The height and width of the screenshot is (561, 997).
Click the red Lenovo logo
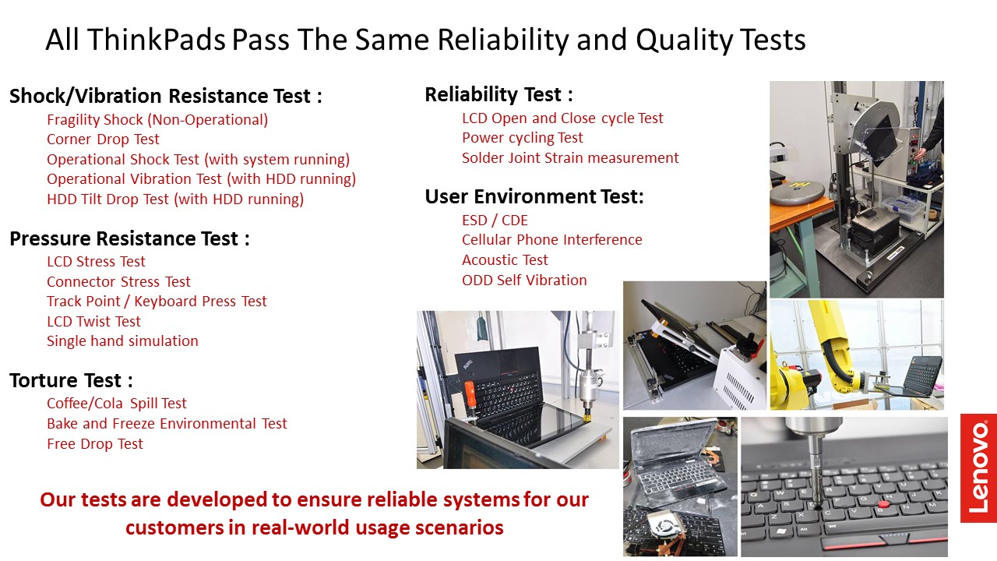coord(978,468)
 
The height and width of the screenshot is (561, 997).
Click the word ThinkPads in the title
coord(157,39)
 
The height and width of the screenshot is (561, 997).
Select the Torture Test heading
coord(71,380)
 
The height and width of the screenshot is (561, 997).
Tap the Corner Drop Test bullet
coord(103,139)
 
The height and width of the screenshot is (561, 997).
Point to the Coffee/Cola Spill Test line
coord(117,404)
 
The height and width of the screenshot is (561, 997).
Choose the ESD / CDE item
coord(495,220)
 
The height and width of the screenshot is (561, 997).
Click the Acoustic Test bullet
coord(505,259)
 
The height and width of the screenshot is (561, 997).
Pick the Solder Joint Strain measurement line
coord(570,158)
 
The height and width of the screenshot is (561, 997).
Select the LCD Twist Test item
coord(93,322)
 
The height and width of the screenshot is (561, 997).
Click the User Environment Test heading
coord(534,196)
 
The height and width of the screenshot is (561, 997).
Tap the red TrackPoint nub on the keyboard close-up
coord(884,504)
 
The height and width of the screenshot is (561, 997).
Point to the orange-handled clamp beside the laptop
coord(469,398)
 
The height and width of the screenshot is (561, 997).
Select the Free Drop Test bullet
coord(95,444)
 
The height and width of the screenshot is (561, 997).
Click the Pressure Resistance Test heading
coord(129,238)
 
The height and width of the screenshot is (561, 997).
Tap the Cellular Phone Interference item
coord(552,240)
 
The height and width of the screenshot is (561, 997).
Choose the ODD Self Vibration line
coord(524,280)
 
